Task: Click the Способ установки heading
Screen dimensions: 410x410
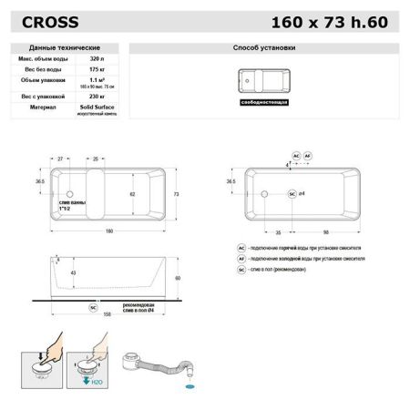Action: [264, 46]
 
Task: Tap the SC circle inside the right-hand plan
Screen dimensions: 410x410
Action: [292, 195]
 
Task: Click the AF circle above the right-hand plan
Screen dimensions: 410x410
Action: [307, 156]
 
